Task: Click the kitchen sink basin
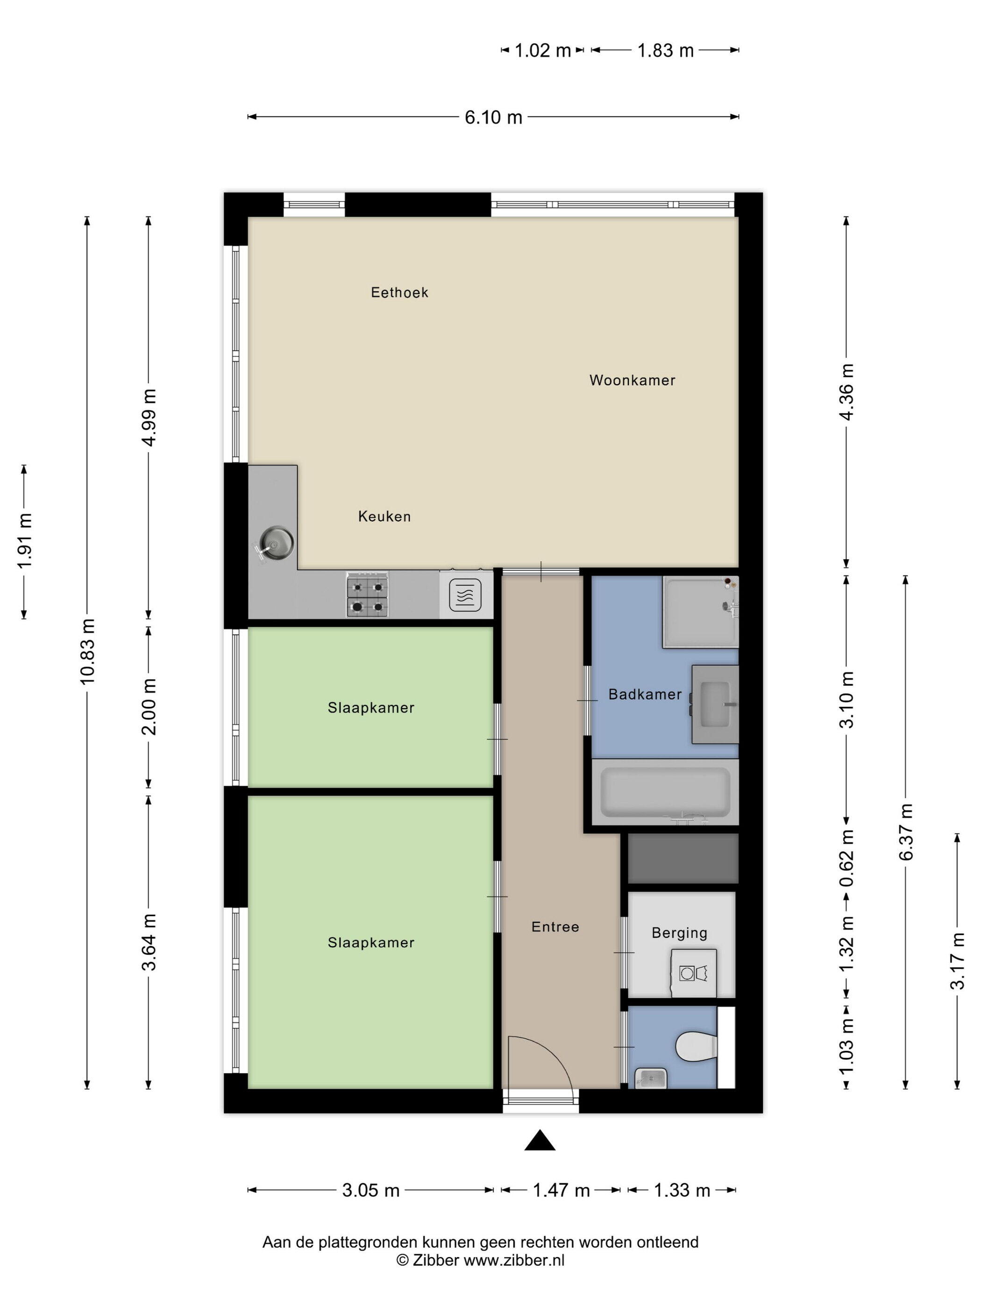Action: (276, 541)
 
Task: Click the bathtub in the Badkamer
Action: (665, 793)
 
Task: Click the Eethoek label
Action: (399, 292)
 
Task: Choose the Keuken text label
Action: (384, 517)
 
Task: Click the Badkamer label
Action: (645, 694)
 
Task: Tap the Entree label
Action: (554, 927)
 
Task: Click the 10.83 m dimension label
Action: (87, 652)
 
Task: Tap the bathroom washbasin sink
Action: (716, 704)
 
